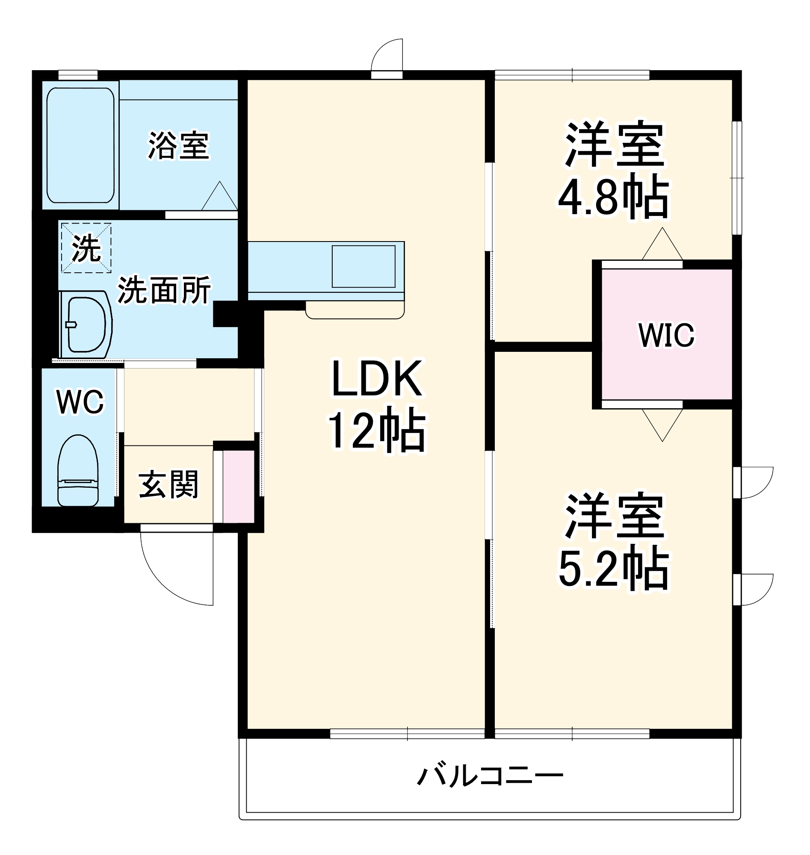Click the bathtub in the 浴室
tap(80, 145)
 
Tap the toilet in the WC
tap(78, 471)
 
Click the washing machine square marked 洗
tap(86, 248)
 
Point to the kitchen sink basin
tap(364, 266)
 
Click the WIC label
tap(666, 335)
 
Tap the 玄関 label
tap(169, 484)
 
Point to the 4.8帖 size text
tap(614, 197)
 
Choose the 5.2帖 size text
tap(614, 568)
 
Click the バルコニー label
tap(490, 776)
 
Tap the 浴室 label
tap(179, 145)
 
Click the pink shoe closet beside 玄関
tap(238, 487)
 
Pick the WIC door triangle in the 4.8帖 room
tap(662, 245)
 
